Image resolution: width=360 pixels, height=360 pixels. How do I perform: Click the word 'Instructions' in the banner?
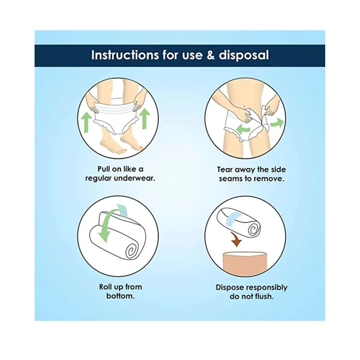[x=125, y=55]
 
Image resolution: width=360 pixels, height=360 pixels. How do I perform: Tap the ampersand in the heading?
[x=211, y=55]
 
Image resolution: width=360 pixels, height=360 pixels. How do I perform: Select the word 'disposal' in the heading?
[x=244, y=56]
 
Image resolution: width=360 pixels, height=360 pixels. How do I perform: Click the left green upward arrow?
[x=86, y=121]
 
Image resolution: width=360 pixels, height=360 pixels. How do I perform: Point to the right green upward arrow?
[x=145, y=118]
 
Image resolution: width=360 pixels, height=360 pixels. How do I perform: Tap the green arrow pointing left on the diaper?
[x=243, y=128]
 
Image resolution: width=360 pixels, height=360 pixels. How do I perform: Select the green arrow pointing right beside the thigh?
[x=277, y=122]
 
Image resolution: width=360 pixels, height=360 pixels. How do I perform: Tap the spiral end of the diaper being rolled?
[x=133, y=250]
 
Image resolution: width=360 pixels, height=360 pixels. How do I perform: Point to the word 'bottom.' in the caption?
[x=121, y=296]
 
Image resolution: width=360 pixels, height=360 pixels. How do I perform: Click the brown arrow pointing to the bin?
[x=236, y=239]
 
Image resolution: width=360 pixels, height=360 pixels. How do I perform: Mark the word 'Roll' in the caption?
[x=106, y=287]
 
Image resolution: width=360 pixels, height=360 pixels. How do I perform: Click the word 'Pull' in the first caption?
[x=104, y=169]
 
